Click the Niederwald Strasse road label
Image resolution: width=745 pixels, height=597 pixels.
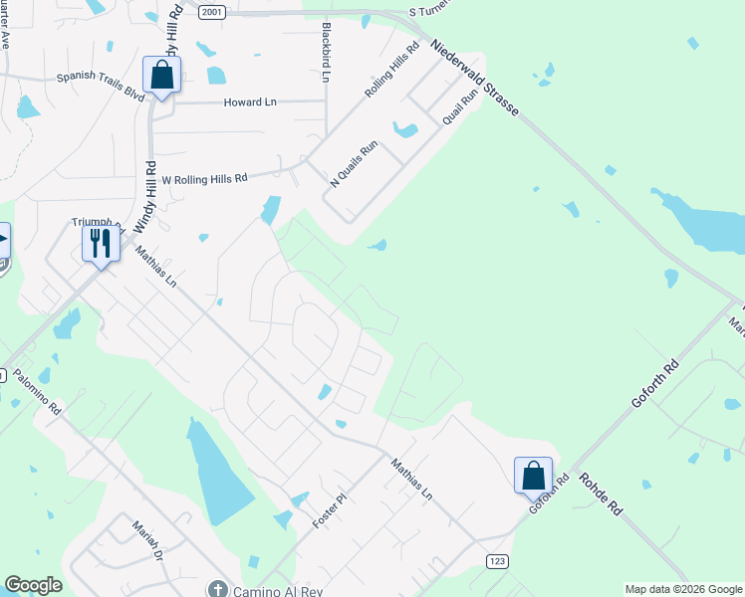(x=475, y=79)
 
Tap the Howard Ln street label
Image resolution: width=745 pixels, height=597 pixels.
(x=250, y=102)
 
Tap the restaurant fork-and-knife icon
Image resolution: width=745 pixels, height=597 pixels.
(x=101, y=242)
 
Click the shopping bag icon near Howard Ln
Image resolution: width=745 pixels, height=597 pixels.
(x=161, y=75)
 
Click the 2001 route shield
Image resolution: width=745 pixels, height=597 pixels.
(x=210, y=11)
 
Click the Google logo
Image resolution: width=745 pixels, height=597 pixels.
(x=33, y=586)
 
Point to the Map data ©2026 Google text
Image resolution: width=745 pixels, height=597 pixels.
(x=683, y=589)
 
